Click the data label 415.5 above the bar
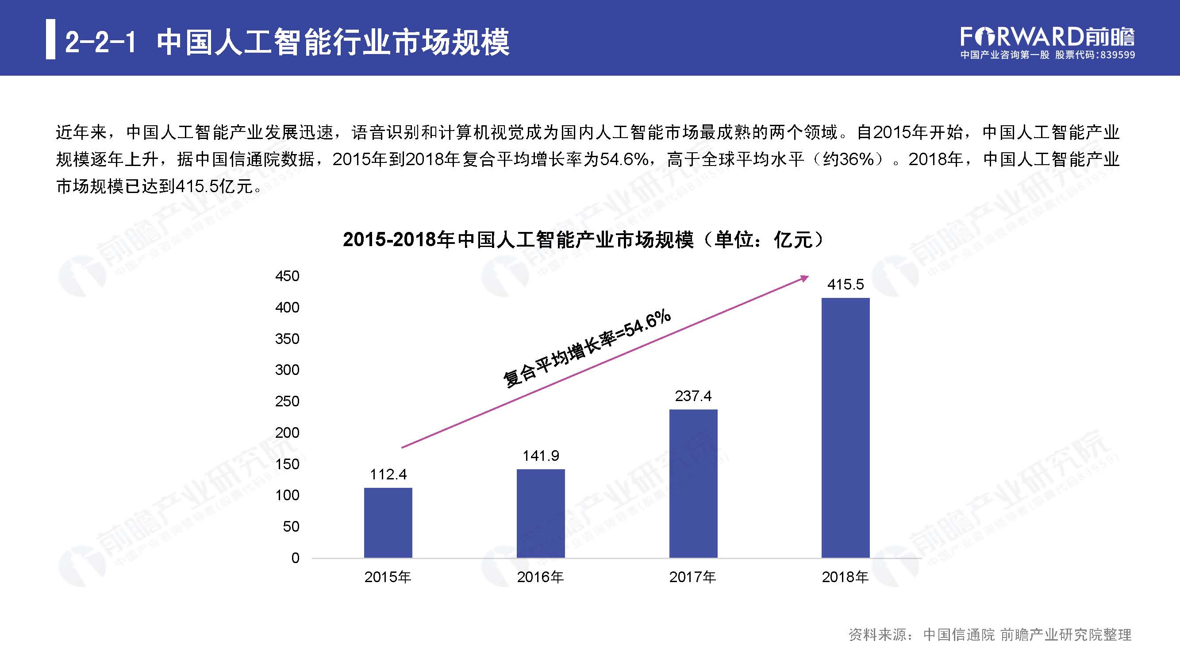[x=845, y=285]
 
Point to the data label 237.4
[x=693, y=396]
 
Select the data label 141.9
[x=541, y=456]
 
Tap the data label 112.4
[x=388, y=474]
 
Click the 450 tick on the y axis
[x=287, y=276]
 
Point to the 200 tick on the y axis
[x=287, y=432]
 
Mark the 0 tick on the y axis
[x=295, y=558]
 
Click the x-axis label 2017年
[x=692, y=577]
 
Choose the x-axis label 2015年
[x=388, y=577]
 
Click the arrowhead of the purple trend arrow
[x=805, y=278]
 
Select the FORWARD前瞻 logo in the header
[x=1047, y=37]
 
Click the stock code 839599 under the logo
[x=1115, y=55]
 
